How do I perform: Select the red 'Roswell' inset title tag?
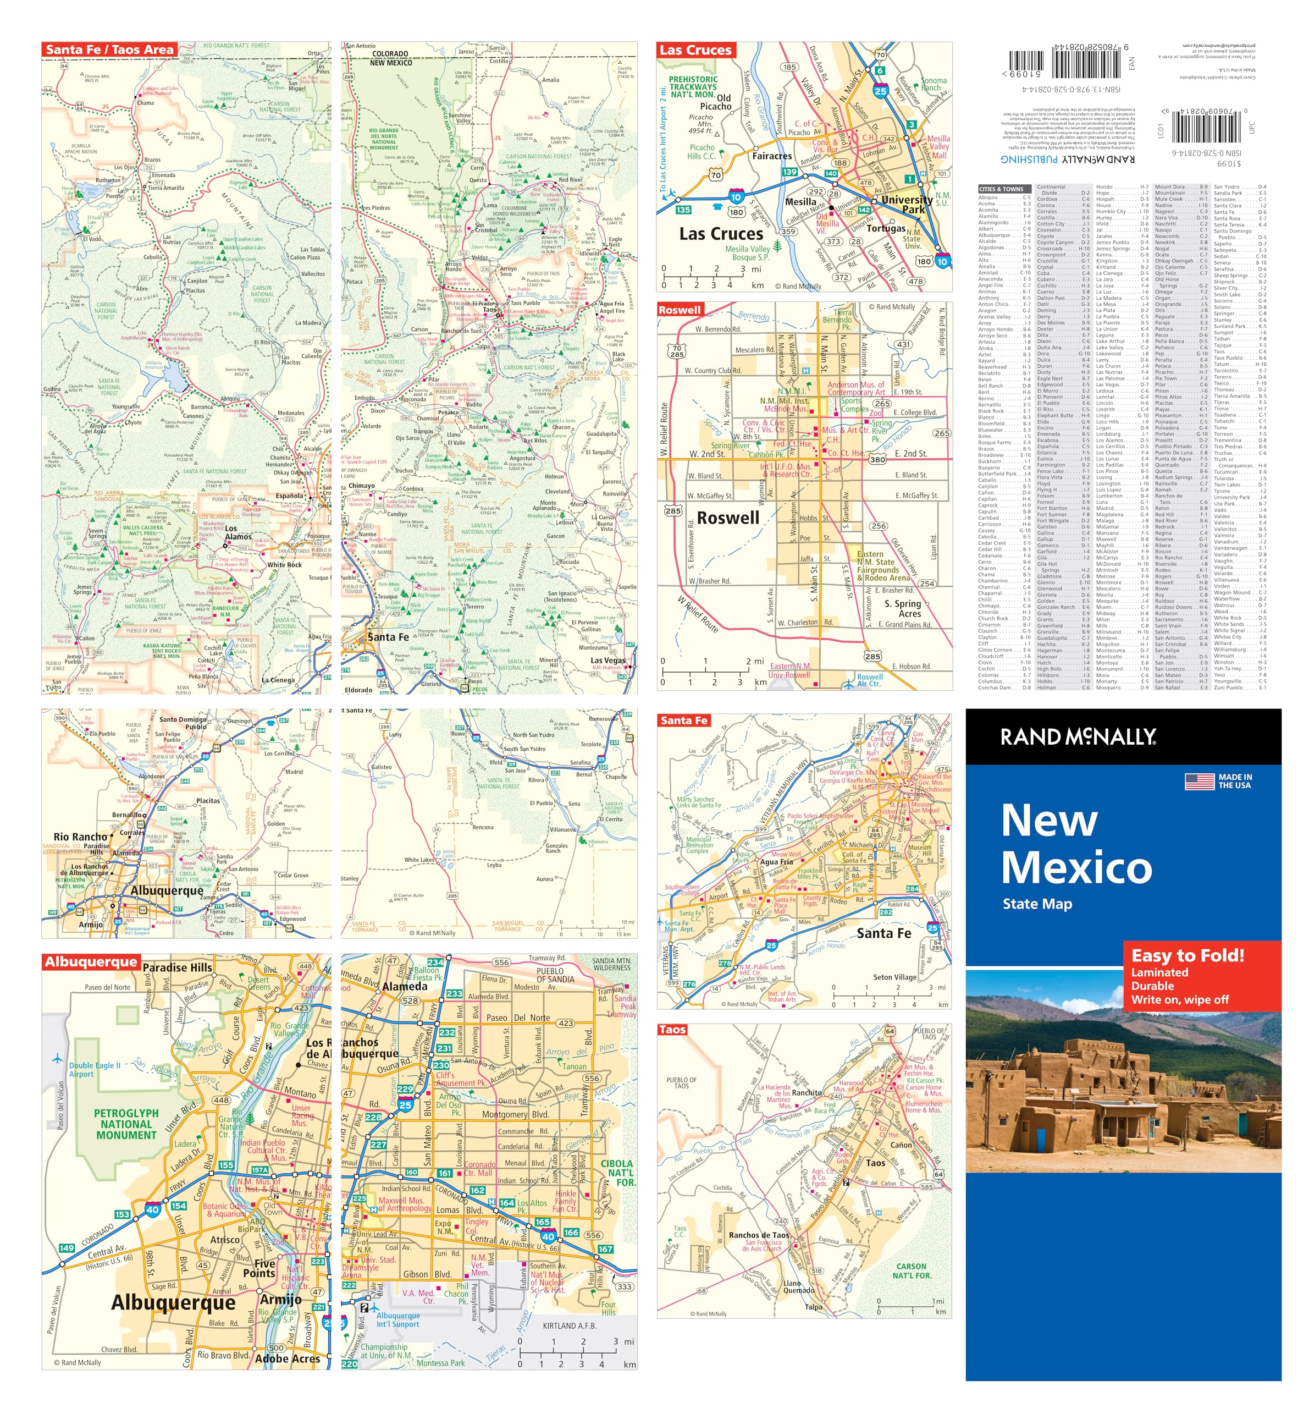[x=679, y=310]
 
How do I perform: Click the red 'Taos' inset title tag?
[x=672, y=1029]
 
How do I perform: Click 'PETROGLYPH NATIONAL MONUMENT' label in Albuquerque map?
[x=126, y=1124]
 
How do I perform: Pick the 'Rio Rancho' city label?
[x=81, y=837]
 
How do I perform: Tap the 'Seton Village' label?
[x=894, y=977]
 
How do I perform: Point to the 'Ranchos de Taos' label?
[x=759, y=1235]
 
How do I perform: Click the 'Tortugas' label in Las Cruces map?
[x=885, y=228]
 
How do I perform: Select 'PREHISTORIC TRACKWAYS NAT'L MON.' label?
[x=693, y=86]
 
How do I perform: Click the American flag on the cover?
[x=1199, y=781]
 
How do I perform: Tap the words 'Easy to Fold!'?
[x=1188, y=955]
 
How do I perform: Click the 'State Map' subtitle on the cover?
[x=1037, y=904]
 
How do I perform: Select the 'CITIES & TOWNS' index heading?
[x=1001, y=189]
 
